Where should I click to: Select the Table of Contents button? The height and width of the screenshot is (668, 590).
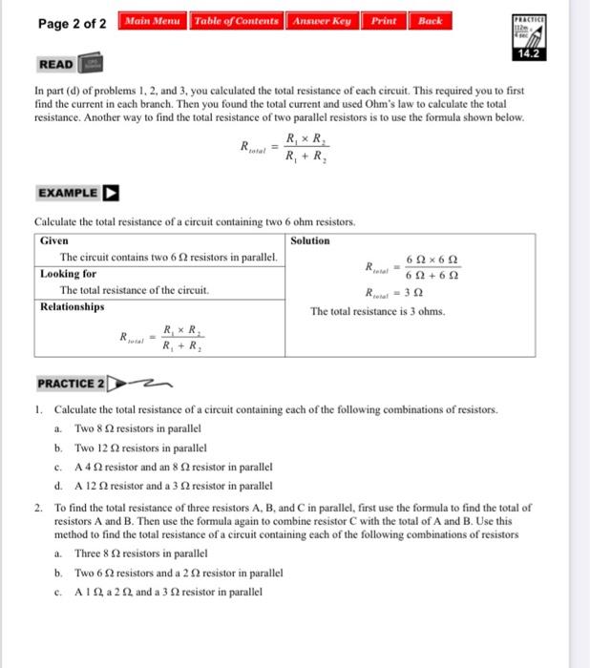click(x=236, y=21)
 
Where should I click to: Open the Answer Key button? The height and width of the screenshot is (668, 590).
click(x=323, y=21)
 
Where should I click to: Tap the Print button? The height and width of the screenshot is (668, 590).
click(x=383, y=21)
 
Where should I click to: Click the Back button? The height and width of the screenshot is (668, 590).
click(x=431, y=21)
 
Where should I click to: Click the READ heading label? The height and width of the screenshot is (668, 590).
click(x=56, y=64)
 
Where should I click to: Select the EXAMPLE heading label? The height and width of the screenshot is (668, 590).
click(x=68, y=193)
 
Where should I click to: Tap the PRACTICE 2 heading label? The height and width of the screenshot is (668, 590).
click(x=71, y=384)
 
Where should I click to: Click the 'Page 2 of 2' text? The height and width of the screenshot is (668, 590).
click(x=73, y=23)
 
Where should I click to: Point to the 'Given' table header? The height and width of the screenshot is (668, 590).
click(x=54, y=240)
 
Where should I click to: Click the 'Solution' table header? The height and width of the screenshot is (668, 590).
click(x=310, y=240)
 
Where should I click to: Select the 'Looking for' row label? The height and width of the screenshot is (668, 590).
click(x=67, y=273)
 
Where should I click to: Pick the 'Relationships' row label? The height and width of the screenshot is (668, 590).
click(x=73, y=306)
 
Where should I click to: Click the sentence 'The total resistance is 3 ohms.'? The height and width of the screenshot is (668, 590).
click(x=377, y=311)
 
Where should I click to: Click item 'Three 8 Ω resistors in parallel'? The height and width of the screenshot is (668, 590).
click(x=141, y=553)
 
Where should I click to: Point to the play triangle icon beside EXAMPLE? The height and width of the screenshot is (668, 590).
click(x=112, y=193)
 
